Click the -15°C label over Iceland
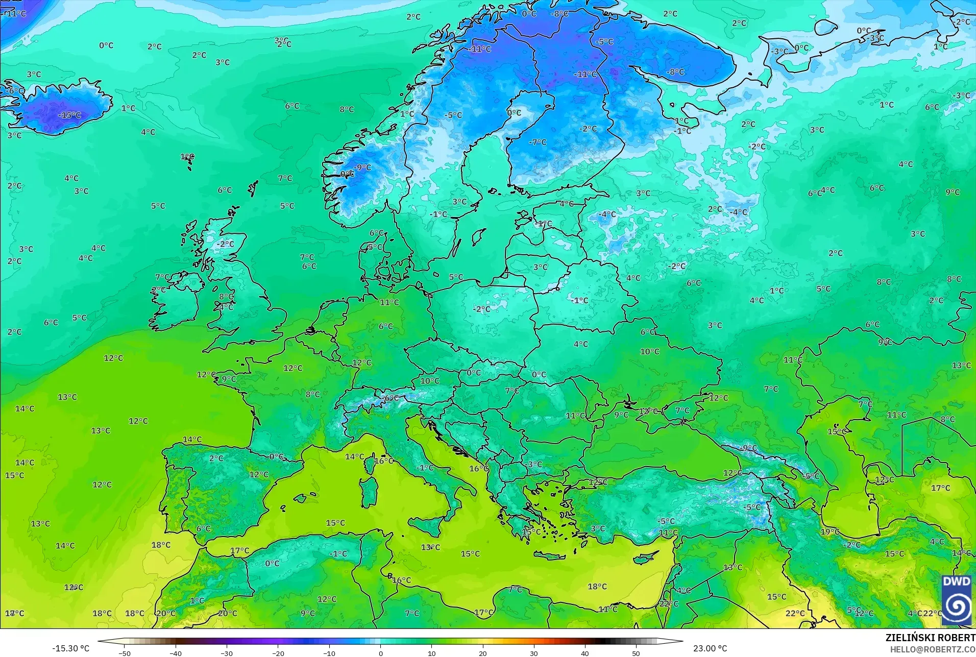pyautogui.click(x=69, y=115)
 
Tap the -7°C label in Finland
pyautogui.click(x=538, y=142)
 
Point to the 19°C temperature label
pyautogui.click(x=829, y=532)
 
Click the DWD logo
pyautogui.click(x=957, y=600)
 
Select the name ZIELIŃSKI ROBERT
pyautogui.click(x=930, y=638)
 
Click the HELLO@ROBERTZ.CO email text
pyautogui.click(x=933, y=649)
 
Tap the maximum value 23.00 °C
pyautogui.click(x=710, y=648)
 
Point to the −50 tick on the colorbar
pyautogui.click(x=125, y=653)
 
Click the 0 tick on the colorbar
pyautogui.click(x=380, y=653)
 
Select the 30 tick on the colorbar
pyautogui.click(x=534, y=653)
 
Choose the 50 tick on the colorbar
pyautogui.click(x=636, y=653)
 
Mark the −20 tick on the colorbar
pyautogui.click(x=278, y=653)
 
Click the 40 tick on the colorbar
pyautogui.click(x=585, y=653)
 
